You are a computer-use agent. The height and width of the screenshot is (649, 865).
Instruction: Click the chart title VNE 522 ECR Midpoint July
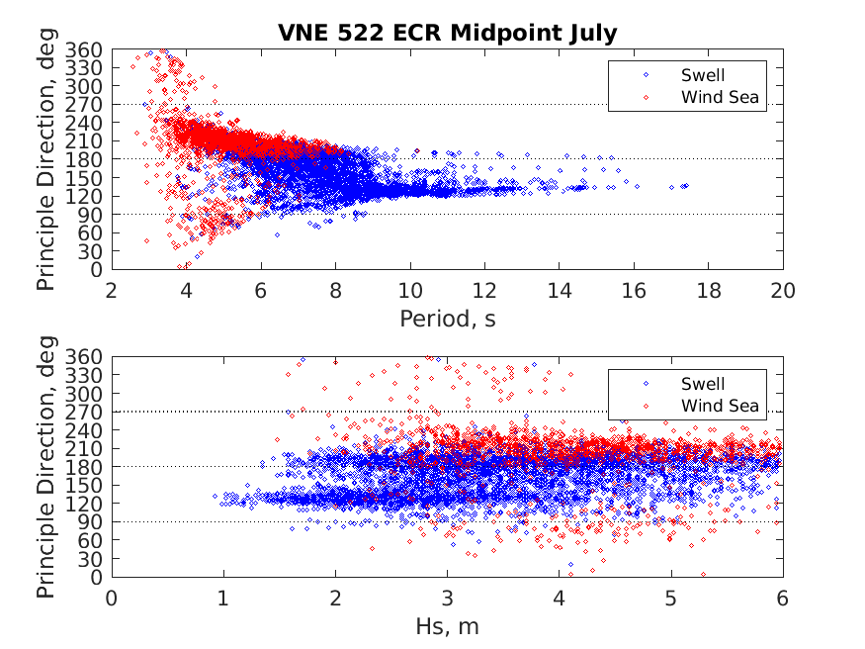pyautogui.click(x=447, y=33)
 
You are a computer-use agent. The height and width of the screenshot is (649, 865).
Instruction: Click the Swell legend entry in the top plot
pyautogui.click(x=702, y=75)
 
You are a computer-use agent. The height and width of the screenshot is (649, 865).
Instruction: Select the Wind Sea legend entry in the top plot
pyautogui.click(x=720, y=97)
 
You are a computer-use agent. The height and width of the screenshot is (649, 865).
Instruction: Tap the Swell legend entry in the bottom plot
pyautogui.click(x=702, y=384)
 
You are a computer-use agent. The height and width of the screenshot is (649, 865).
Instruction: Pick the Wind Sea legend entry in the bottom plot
pyautogui.click(x=720, y=406)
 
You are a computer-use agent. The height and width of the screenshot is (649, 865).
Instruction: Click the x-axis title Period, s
pyautogui.click(x=447, y=319)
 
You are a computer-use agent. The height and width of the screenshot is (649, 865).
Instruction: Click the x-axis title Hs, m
pyautogui.click(x=447, y=627)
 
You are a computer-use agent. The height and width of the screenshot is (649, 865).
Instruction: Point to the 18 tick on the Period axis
pyautogui.click(x=709, y=290)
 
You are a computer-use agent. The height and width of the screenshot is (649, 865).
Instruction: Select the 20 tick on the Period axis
pyautogui.click(x=783, y=290)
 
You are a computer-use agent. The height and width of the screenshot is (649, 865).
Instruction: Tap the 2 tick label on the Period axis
pyautogui.click(x=112, y=290)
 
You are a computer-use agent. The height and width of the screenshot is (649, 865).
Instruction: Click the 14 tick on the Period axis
pyautogui.click(x=560, y=290)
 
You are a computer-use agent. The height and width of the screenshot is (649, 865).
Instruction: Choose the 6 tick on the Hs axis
pyautogui.click(x=783, y=599)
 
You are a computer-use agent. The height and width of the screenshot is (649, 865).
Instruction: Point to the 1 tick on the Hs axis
pyautogui.click(x=223, y=599)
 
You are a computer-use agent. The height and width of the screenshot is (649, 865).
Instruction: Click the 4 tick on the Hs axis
pyautogui.click(x=560, y=599)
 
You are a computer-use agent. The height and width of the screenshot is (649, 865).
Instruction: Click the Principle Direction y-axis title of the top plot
pyautogui.click(x=45, y=159)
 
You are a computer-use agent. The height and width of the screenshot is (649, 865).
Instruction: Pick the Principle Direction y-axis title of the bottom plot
pyautogui.click(x=45, y=468)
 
